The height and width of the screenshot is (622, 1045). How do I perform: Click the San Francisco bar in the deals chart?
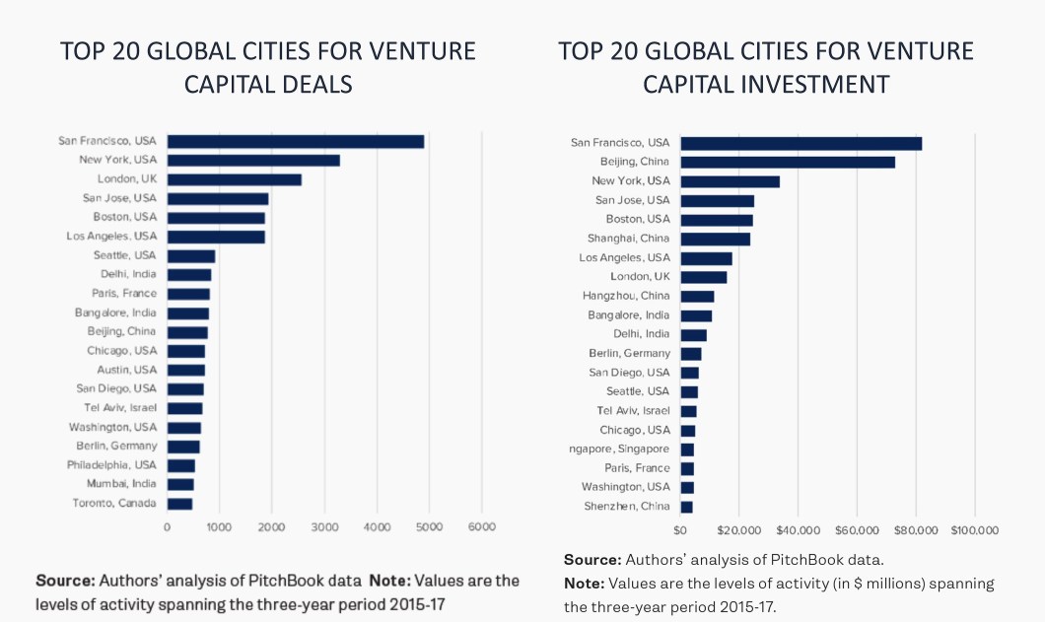pyautogui.click(x=295, y=141)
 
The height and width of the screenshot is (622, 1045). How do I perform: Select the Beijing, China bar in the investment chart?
pyautogui.click(x=788, y=162)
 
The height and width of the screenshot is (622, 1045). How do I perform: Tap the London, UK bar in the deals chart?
pyautogui.click(x=234, y=179)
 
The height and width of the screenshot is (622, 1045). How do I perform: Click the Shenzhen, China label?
pyautogui.click(x=629, y=507)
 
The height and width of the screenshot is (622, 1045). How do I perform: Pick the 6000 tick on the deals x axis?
pyautogui.click(x=481, y=527)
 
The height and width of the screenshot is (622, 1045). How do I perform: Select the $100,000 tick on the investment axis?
pyautogui.click(x=974, y=530)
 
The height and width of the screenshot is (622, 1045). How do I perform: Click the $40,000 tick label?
pyautogui.click(x=798, y=530)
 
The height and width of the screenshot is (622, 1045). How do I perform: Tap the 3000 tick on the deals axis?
pyautogui.click(x=324, y=527)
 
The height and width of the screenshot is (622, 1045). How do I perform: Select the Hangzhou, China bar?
pyautogui.click(x=697, y=296)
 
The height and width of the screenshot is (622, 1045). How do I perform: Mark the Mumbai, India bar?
pyautogui.click(x=180, y=484)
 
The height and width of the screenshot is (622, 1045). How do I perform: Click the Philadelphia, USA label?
pyautogui.click(x=111, y=464)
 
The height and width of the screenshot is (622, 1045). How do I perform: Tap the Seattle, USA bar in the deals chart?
pyautogui.click(x=191, y=255)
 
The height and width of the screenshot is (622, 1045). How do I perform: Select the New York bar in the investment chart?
pyautogui.click(x=730, y=181)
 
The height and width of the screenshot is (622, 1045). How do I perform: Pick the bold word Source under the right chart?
pyautogui.click(x=592, y=559)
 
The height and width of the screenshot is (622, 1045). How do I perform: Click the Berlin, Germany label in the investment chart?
pyautogui.click(x=629, y=353)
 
